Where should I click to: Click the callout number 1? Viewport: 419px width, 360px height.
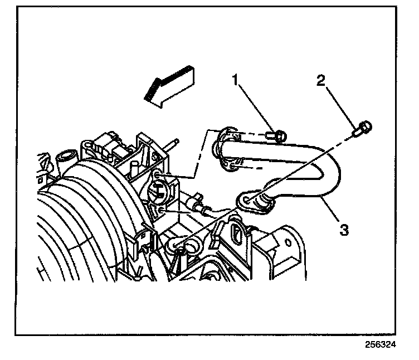click(236, 81)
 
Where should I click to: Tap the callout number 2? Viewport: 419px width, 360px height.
click(320, 81)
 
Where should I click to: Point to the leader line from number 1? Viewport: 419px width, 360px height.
click(257, 109)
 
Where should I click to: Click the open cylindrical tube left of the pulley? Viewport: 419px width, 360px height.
click(67, 157)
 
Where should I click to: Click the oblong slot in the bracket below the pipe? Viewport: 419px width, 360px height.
click(236, 232)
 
